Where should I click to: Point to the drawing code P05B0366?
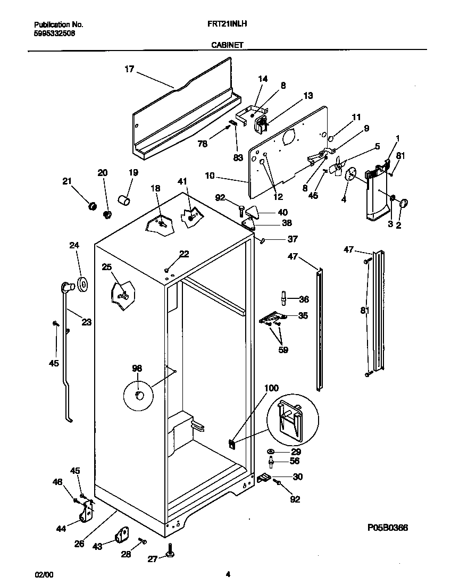[x=387, y=528]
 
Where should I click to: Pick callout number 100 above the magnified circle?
[x=271, y=389]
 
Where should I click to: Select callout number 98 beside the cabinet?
[x=137, y=367]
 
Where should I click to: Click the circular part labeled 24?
[x=82, y=285]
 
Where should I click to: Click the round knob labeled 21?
[x=91, y=205]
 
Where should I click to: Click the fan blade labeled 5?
[x=337, y=168]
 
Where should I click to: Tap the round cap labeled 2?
[x=403, y=203]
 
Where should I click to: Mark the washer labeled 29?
[x=271, y=452]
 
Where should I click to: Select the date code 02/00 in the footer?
[x=44, y=574]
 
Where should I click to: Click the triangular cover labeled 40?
[x=254, y=213]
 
